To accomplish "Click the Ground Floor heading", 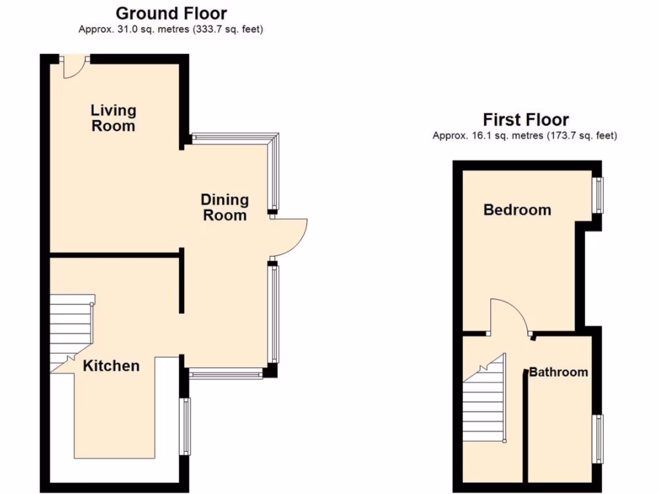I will tap(171, 13).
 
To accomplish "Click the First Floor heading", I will tap(525, 120).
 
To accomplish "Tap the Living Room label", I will tap(113, 118).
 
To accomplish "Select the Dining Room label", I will tap(225, 207).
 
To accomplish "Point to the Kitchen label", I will tap(111, 366).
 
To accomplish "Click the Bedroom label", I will tap(517, 210).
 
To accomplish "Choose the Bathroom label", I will tap(558, 372).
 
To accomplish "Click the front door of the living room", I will tap(75, 66).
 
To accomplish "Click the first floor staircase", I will tap(484, 402).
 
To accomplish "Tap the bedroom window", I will tap(599, 195).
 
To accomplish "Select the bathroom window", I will tap(599, 438).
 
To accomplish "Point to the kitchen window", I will tap(187, 426).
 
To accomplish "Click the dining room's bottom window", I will tap(226, 372).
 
